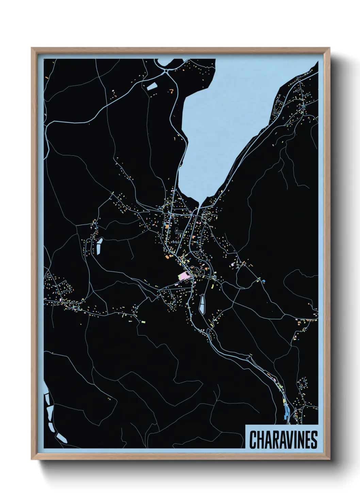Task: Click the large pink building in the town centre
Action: (x=183, y=276)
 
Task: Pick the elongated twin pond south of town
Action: (x=202, y=304)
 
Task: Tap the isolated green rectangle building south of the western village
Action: (x=143, y=321)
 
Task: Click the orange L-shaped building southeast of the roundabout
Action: (x=171, y=91)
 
